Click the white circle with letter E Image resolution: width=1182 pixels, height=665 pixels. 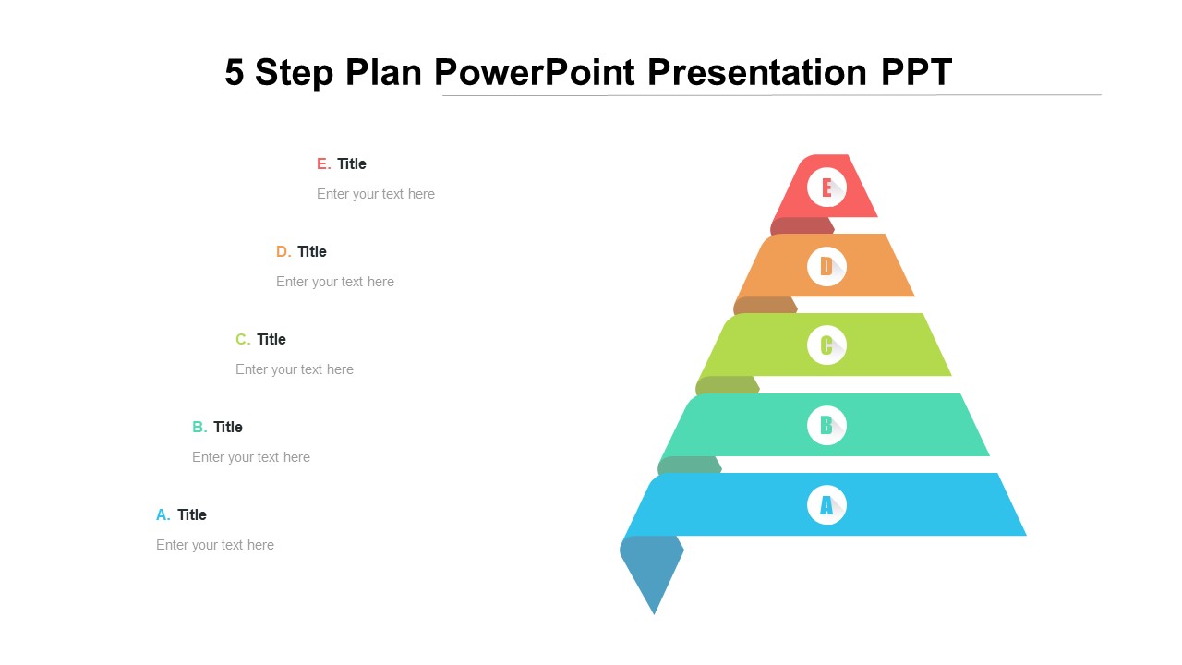[x=826, y=187]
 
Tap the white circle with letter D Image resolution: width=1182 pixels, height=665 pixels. [x=826, y=267]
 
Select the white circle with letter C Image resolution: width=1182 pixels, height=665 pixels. [x=826, y=345]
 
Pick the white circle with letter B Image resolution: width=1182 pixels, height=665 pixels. [x=826, y=426]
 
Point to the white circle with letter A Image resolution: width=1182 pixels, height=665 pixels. [x=826, y=505]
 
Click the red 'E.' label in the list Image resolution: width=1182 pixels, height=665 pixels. [x=323, y=163]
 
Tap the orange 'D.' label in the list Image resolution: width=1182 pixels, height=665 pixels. [x=283, y=251]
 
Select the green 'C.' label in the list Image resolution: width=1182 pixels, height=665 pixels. [x=243, y=339]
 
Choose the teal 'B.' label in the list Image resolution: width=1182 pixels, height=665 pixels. [x=199, y=427]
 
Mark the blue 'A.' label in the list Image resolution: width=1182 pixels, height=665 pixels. [x=163, y=514]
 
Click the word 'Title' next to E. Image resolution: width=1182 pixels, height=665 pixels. [x=352, y=163]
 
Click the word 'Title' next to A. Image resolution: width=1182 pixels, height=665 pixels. [x=192, y=514]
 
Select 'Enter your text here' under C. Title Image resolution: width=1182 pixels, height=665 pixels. [x=295, y=369]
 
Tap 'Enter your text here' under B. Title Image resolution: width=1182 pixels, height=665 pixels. [x=251, y=457]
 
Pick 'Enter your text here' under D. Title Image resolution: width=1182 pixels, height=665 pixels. [x=335, y=282]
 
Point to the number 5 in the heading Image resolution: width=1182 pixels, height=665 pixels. [x=235, y=72]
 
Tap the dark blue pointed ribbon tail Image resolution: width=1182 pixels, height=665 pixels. [x=653, y=572]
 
